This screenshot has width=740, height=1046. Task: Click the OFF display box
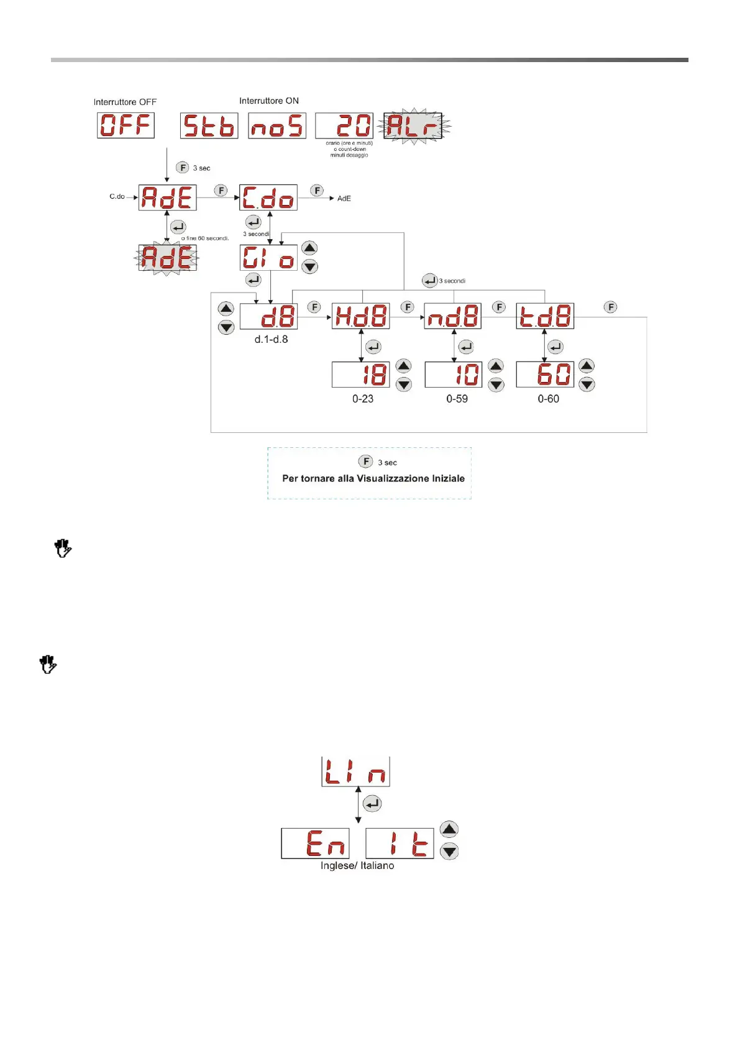pos(126,125)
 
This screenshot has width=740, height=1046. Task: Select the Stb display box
pos(209,125)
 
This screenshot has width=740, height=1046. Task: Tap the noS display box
pos(277,125)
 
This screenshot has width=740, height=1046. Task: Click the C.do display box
pos(268,198)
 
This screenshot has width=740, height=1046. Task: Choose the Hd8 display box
pos(361,316)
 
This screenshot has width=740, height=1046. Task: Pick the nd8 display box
pos(453,316)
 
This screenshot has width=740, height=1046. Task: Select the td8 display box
pos(545,316)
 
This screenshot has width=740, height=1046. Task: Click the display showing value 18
pos(361,375)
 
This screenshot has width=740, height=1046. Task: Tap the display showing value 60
pos(545,375)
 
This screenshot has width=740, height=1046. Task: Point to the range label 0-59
pos(457,399)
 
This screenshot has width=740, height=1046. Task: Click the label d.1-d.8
pos(271,339)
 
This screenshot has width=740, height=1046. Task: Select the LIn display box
pos(355,772)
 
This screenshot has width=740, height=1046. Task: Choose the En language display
pos(315,843)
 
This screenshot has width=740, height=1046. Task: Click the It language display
pos(400,843)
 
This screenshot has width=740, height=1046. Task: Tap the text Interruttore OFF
pos(125,102)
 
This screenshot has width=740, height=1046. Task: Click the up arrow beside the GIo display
pos(309,248)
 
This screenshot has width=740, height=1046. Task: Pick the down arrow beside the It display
pos(449,852)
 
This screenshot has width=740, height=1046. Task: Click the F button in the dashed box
pos(366,462)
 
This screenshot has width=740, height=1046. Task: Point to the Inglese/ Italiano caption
pos(357,865)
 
